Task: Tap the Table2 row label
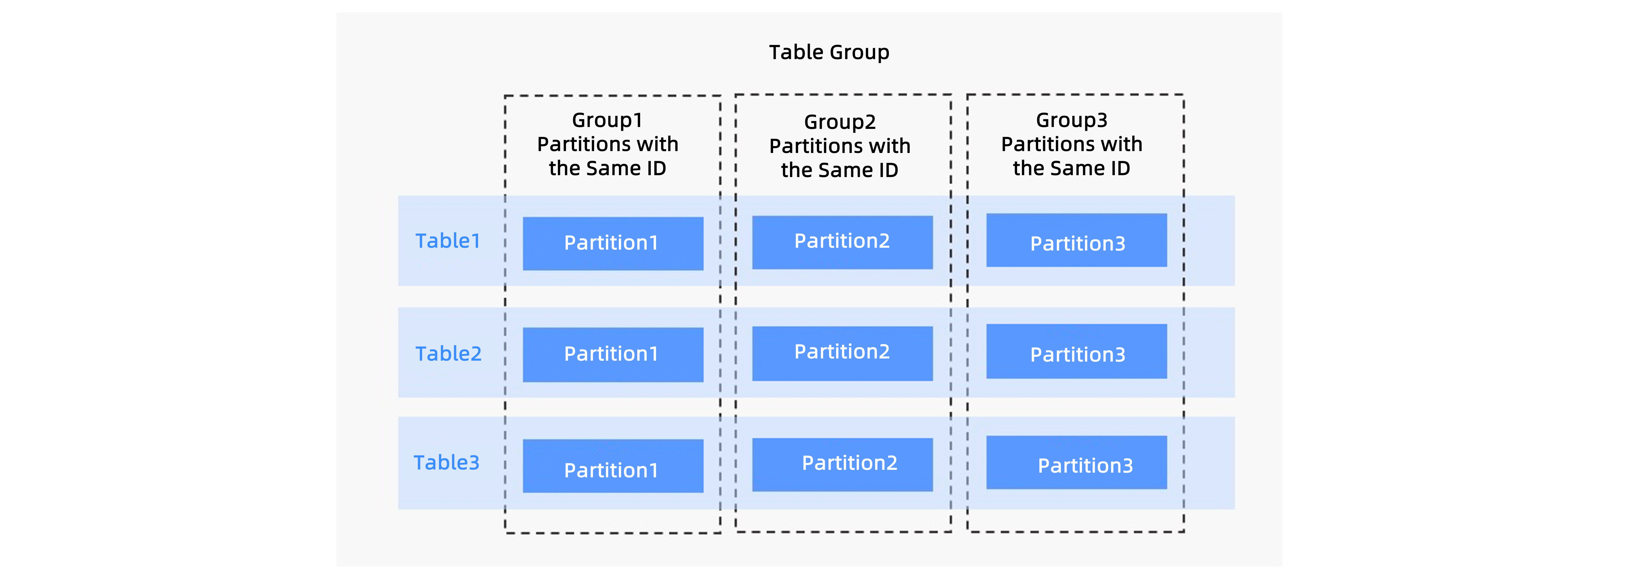pyautogui.click(x=448, y=353)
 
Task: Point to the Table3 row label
pyautogui.click(x=446, y=463)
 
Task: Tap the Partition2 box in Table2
pyautogui.click(x=842, y=353)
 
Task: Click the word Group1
pyautogui.click(x=607, y=120)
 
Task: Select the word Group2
pyautogui.click(x=839, y=122)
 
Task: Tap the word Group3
pyautogui.click(x=1071, y=120)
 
